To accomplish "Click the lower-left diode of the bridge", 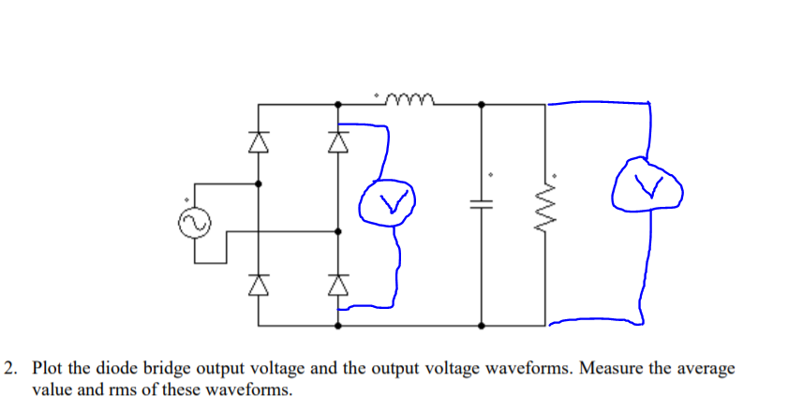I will pyautogui.click(x=259, y=280).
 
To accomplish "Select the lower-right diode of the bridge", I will pyautogui.click(x=338, y=280).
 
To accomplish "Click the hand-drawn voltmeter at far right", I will pyautogui.click(x=647, y=186).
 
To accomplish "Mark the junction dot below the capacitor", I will pyautogui.click(x=482, y=326).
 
